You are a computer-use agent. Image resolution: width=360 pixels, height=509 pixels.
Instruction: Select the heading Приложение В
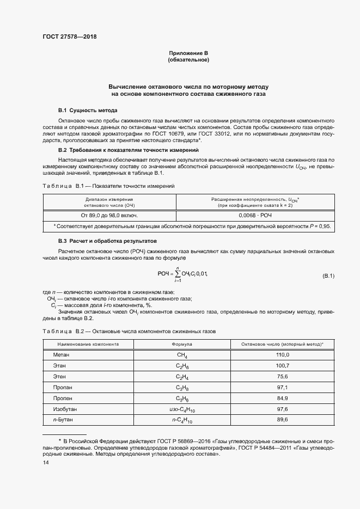pyautogui.click(x=188, y=53)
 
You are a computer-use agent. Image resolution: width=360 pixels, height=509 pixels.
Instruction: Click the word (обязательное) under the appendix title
pyautogui.click(x=188, y=60)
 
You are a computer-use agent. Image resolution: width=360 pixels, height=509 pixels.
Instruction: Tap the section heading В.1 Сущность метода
pyautogui.click(x=87, y=111)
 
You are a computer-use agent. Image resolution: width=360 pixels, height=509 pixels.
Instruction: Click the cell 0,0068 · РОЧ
pyautogui.click(x=254, y=216)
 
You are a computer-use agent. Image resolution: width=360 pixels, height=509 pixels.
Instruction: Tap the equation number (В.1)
pyautogui.click(x=328, y=276)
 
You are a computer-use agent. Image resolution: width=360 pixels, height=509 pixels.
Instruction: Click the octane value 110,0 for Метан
pyautogui.click(x=283, y=354)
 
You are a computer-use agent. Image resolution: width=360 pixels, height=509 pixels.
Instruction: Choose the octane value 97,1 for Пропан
pyautogui.click(x=283, y=387)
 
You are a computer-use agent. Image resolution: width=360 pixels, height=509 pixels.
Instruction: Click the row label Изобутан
pyautogui.click(x=64, y=409)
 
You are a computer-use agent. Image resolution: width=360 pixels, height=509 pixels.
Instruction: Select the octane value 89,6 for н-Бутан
pyautogui.click(x=283, y=420)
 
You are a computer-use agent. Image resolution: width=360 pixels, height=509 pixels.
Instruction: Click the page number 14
pyautogui.click(x=46, y=462)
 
